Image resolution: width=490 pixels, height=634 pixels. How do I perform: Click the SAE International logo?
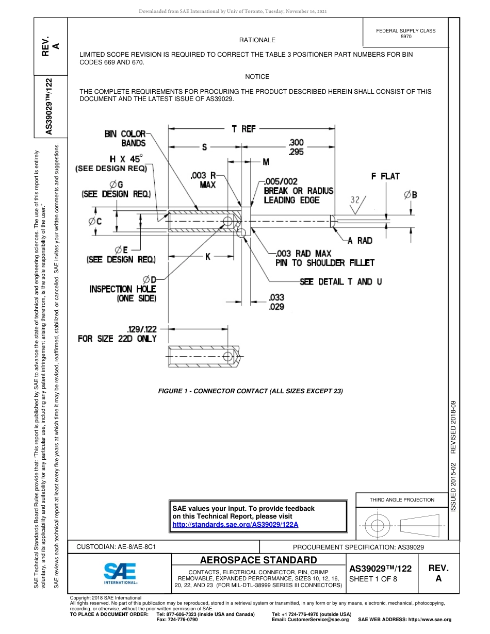tap(120, 572)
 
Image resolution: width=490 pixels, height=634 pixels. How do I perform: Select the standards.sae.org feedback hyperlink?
tap(235, 524)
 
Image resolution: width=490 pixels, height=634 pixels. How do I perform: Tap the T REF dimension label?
tap(243, 129)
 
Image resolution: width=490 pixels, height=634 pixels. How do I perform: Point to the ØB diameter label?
tap(411, 194)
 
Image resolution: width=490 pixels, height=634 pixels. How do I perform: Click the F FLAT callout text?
tap(385, 176)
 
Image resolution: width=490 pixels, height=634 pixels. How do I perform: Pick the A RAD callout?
tap(360, 241)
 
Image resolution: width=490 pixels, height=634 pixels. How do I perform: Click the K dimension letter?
tap(207, 256)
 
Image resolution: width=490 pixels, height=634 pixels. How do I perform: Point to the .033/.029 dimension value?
tap(276, 302)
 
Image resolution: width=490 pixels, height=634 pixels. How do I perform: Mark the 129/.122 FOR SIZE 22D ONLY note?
tap(117, 333)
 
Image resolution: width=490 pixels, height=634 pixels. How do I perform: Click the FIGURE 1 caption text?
tap(250, 391)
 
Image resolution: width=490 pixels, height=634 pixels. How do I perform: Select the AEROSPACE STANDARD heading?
tap(258, 560)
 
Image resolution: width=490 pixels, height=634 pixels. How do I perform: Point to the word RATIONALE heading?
tap(257, 40)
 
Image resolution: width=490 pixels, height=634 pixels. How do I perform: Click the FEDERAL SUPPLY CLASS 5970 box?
tap(405, 34)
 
